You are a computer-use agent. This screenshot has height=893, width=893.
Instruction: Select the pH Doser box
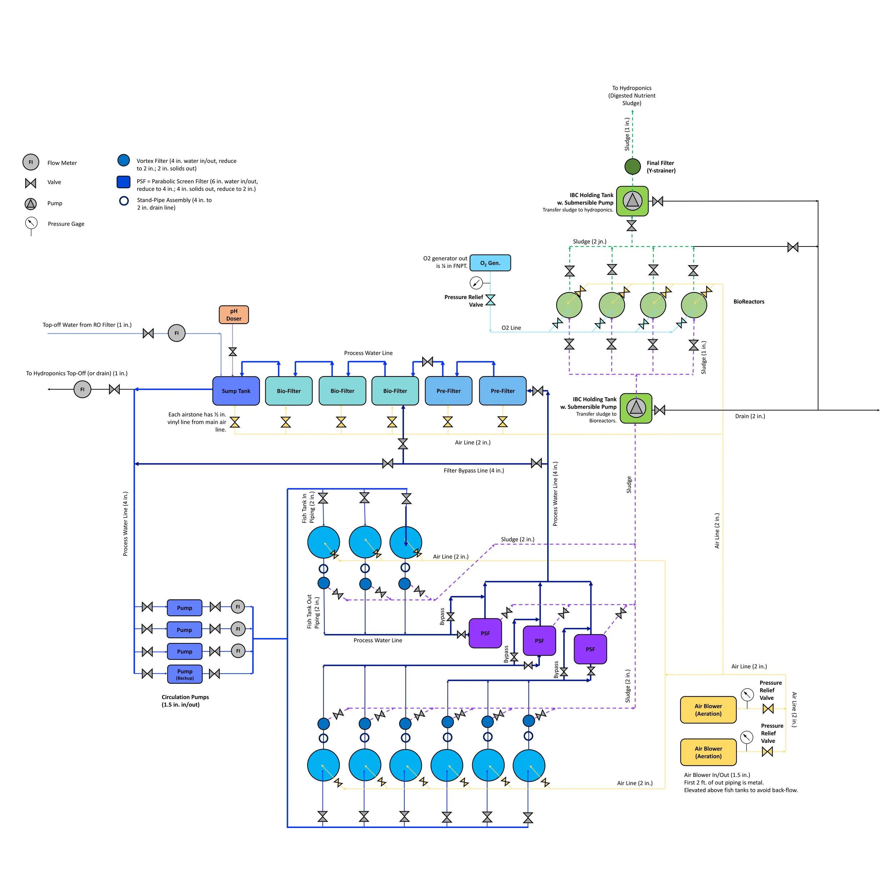233,315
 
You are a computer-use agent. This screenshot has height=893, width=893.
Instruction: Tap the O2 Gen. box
490,263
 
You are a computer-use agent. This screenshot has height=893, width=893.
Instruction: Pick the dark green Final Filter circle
632,166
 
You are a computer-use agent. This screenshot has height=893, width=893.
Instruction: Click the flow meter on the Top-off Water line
176,333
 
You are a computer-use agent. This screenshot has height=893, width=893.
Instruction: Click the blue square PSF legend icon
123,182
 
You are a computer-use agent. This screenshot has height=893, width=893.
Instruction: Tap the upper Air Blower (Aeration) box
708,709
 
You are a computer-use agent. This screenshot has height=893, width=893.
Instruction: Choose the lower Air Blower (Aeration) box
708,752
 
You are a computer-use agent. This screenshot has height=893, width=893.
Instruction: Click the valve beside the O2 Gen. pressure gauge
490,300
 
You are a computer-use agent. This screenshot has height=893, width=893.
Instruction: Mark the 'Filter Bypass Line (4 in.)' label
474,470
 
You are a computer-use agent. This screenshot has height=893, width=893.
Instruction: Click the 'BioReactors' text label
749,302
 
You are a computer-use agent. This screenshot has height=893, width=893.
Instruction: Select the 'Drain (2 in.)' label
750,416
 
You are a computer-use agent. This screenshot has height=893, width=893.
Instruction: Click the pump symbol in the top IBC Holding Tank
632,201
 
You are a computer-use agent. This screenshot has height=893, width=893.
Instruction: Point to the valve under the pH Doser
233,352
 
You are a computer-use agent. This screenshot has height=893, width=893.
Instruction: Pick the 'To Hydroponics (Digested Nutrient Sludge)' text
632,96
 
